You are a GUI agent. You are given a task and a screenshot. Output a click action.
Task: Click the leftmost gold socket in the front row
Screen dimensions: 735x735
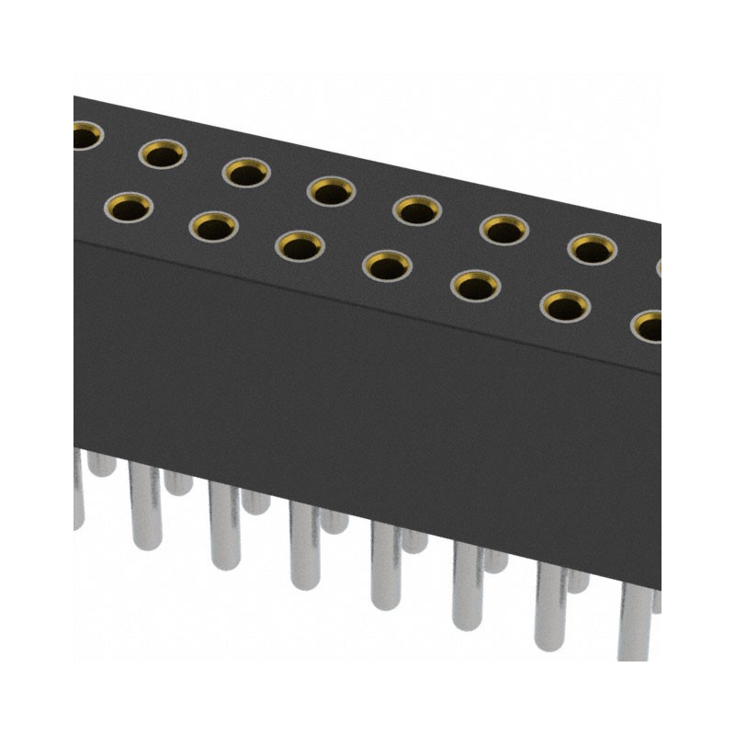(x=130, y=207)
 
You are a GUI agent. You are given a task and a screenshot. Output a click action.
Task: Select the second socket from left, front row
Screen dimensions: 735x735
(x=214, y=225)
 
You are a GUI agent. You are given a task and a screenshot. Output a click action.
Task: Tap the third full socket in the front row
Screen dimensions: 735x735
(x=300, y=245)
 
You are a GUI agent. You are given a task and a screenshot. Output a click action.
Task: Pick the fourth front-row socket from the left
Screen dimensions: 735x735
(x=387, y=266)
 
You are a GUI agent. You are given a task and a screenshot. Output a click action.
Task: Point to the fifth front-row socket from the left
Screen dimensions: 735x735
(x=476, y=287)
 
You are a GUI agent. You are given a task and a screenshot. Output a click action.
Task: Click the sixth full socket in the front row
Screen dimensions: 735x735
(x=565, y=306)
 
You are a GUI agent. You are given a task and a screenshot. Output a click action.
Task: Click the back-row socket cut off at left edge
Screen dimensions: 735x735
(x=85, y=138)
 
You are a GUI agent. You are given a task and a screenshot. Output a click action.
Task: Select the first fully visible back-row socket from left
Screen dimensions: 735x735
(x=163, y=154)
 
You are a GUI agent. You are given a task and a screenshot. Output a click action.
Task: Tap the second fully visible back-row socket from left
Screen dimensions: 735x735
(x=245, y=172)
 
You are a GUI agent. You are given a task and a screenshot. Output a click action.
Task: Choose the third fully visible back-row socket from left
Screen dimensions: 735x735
(x=331, y=191)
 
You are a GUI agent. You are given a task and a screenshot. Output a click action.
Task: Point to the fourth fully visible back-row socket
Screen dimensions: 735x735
(x=417, y=210)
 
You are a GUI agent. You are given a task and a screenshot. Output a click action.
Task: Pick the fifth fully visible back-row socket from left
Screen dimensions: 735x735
(x=504, y=229)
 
